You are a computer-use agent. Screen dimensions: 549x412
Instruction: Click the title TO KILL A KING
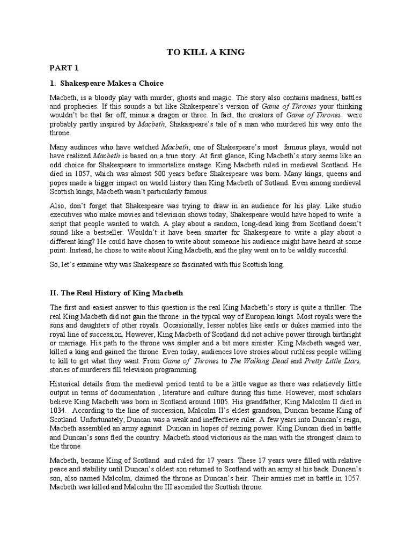click(205, 52)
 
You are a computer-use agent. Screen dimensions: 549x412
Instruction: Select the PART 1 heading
click(64, 68)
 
